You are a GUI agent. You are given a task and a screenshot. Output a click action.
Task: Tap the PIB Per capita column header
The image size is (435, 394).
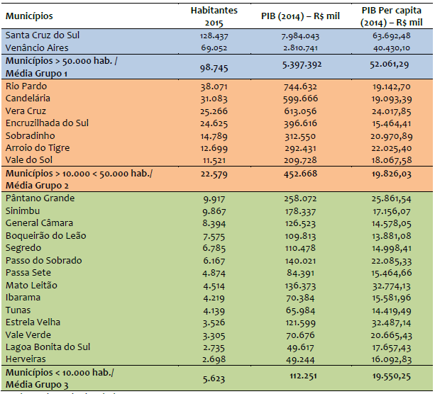tap(387, 16)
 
